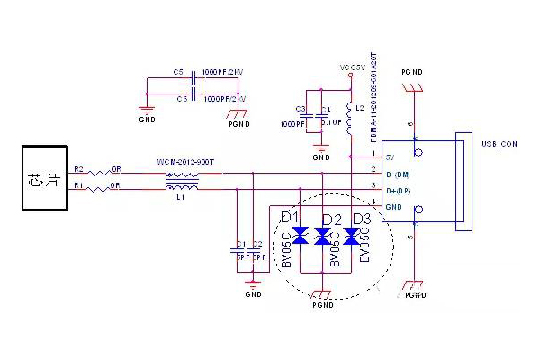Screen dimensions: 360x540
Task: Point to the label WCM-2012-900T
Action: [x=184, y=161]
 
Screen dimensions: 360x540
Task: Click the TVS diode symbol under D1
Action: [x=301, y=237]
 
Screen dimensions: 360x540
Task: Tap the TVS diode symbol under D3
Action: [x=352, y=237]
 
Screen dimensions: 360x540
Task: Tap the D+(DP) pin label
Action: [x=400, y=190]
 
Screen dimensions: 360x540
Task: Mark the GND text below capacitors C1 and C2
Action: [x=253, y=294]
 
